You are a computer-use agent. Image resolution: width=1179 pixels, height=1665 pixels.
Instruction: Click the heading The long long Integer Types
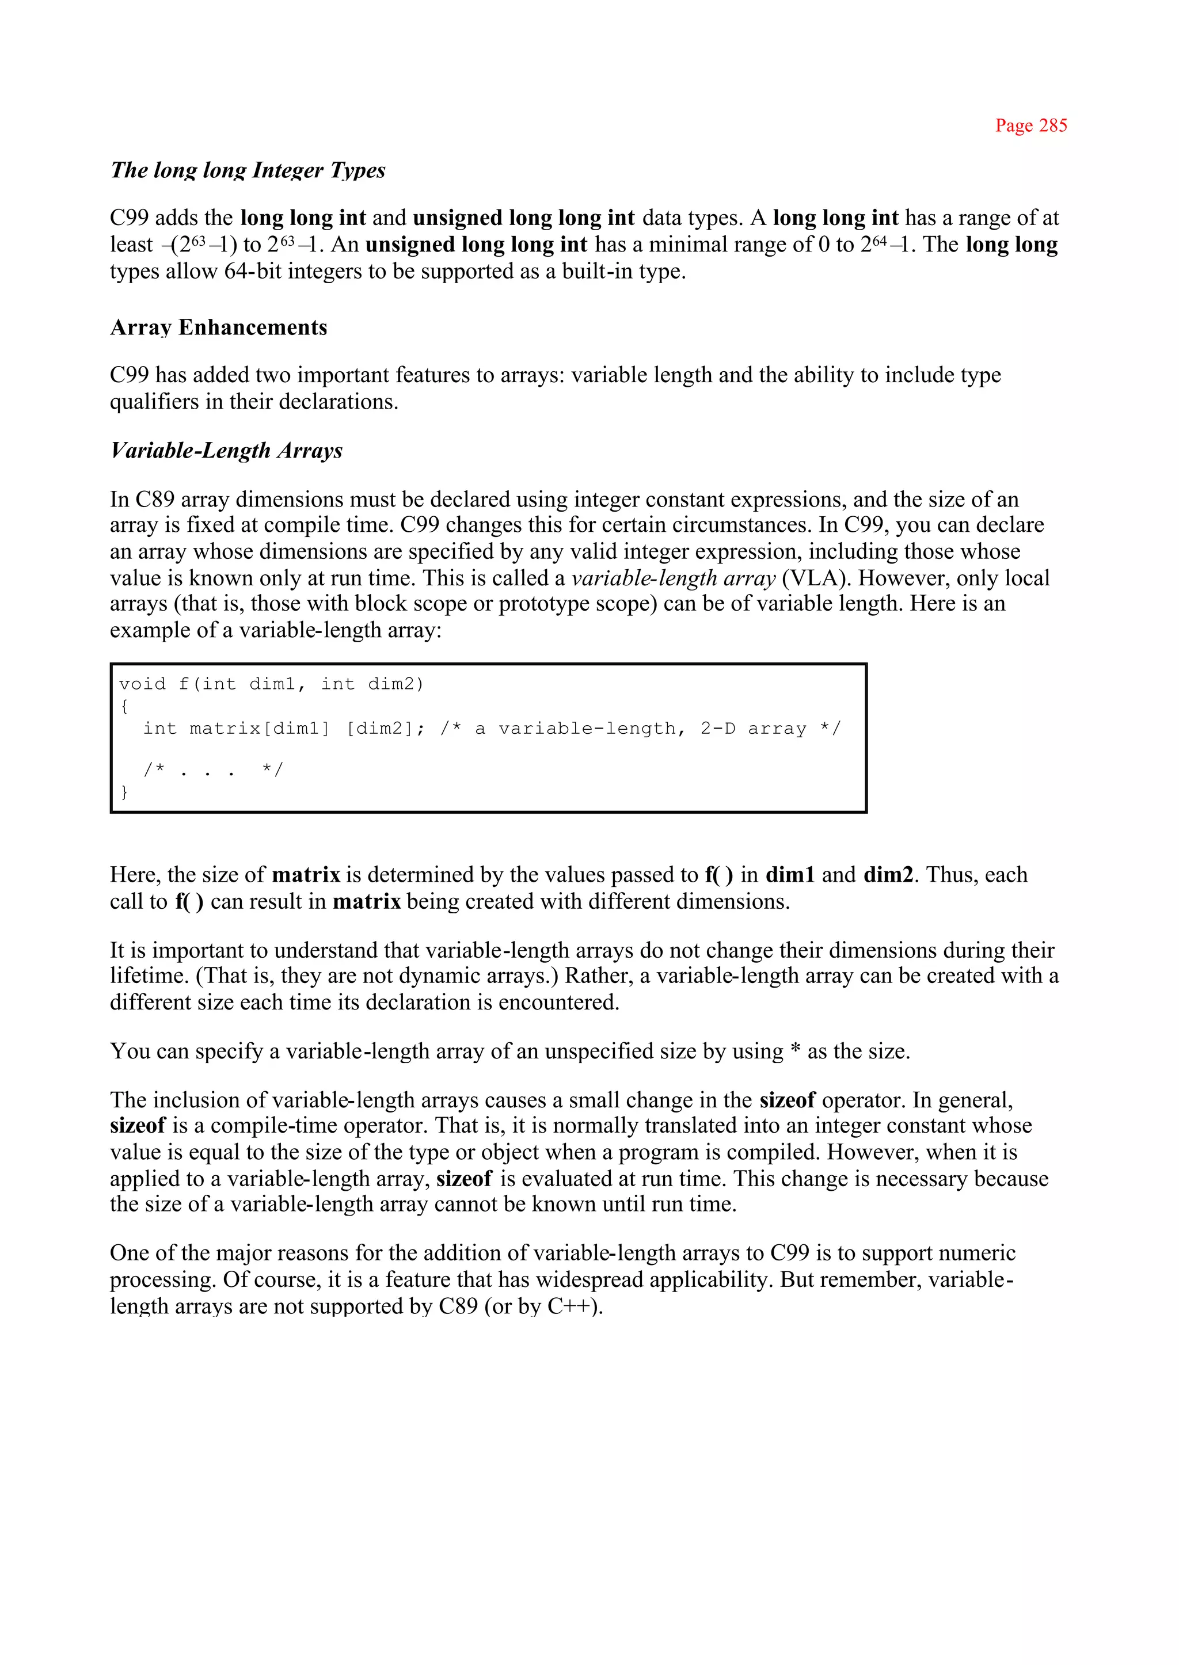248,170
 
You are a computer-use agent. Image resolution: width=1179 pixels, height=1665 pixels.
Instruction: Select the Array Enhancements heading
219,327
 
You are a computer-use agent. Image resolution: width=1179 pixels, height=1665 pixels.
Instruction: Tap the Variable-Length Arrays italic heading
226,451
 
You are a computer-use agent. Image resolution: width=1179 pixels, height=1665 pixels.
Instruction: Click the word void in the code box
142,684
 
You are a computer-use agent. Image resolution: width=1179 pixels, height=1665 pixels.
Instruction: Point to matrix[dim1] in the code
259,728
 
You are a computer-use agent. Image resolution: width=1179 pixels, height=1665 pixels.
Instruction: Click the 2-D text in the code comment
717,728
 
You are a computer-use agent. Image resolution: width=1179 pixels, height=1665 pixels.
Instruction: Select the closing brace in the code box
125,791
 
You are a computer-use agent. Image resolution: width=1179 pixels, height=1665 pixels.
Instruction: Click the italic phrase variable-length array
673,578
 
